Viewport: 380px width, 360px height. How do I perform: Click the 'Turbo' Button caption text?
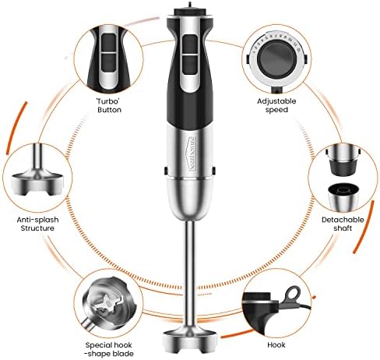click(109, 105)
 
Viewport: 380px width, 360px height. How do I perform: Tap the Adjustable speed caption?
click(276, 105)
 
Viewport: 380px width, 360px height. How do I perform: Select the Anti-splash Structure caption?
click(37, 224)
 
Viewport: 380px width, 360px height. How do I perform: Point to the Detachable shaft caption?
click(343, 224)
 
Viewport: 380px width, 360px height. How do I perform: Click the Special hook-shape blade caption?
click(109, 349)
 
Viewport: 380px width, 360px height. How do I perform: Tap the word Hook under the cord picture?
click(276, 345)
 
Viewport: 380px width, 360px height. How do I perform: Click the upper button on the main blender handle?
click(190, 44)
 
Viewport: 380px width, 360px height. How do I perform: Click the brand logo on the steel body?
click(192, 153)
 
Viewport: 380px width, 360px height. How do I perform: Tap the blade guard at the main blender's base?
click(190, 339)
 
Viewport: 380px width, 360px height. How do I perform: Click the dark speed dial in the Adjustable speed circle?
click(276, 60)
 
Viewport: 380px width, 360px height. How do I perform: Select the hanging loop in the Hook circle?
click(293, 293)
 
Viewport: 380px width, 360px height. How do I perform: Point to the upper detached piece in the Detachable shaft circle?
click(343, 161)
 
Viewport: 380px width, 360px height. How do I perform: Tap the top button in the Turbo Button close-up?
click(108, 42)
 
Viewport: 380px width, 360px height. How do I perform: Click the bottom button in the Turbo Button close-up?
click(108, 62)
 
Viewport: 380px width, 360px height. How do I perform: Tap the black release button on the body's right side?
click(213, 171)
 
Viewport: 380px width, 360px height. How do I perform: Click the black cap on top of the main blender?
click(190, 12)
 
